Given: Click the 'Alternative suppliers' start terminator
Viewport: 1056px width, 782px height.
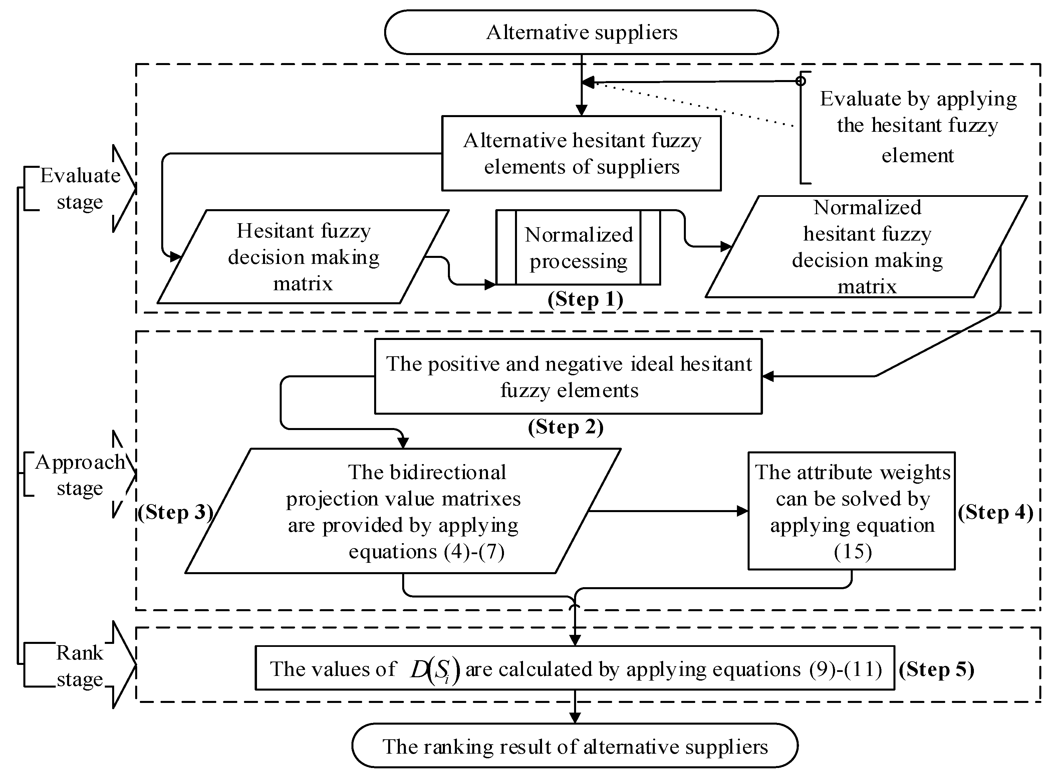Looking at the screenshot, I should (581, 32).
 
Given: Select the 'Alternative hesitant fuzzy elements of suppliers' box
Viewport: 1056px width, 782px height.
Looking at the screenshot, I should (581, 153).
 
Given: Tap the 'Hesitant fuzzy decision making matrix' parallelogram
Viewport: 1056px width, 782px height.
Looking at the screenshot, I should (303, 257).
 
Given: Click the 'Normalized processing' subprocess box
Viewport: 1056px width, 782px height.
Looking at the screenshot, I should (578, 248).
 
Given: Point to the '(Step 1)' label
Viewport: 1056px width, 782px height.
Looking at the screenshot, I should (585, 299).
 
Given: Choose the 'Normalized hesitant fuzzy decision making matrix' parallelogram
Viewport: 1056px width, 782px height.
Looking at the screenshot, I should (866, 247).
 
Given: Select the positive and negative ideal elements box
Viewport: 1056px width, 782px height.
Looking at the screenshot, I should (568, 376).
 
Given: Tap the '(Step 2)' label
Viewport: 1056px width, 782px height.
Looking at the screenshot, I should (566, 427).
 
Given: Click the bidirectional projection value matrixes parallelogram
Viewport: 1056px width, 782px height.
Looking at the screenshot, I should (403, 511).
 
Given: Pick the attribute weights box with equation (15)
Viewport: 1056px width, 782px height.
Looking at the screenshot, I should (851, 511).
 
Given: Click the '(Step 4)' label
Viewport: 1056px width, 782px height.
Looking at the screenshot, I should (995, 512).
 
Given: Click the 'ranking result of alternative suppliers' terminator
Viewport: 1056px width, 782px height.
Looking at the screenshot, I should (574, 747).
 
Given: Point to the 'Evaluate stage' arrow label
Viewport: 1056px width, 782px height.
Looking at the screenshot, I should (79, 188).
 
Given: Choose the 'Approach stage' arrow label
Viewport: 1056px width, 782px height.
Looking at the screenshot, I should (79, 475).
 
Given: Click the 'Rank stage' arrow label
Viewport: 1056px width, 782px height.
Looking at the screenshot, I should (79, 666).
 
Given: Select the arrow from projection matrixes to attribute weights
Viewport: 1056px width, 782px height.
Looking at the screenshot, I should (668, 511).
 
